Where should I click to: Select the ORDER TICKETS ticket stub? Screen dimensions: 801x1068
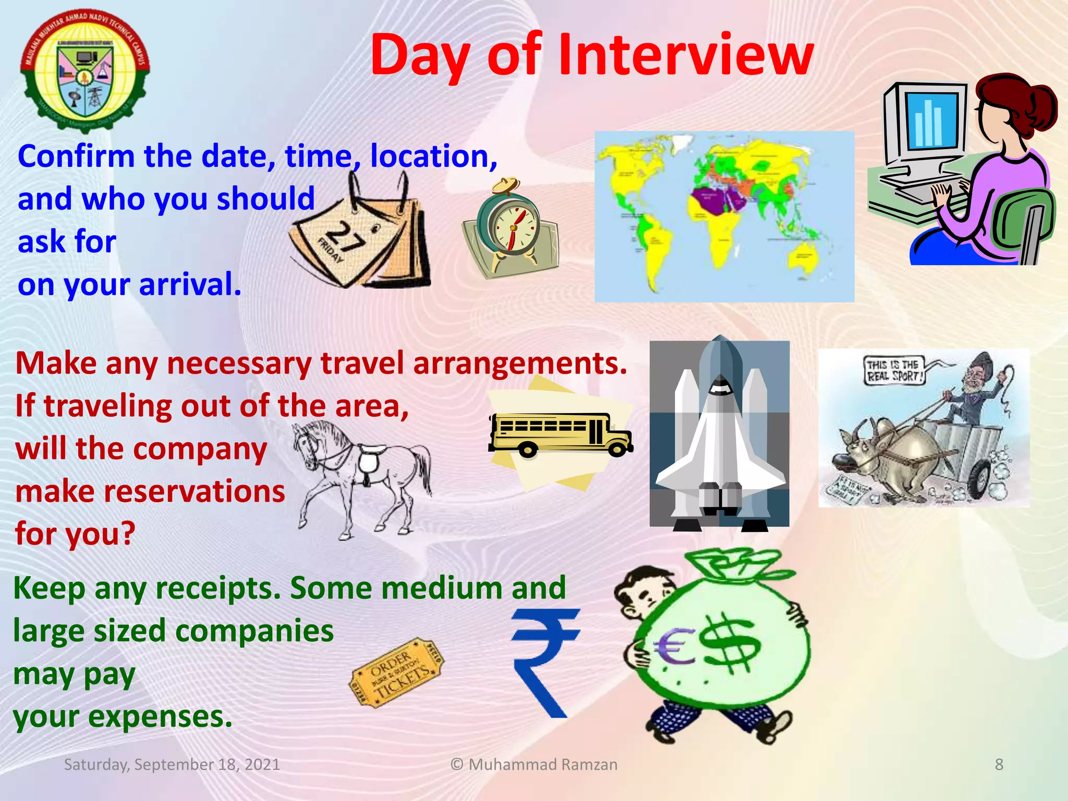[x=397, y=673]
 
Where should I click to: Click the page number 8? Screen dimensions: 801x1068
[x=999, y=764]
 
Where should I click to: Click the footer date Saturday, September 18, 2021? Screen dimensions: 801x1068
[x=172, y=764]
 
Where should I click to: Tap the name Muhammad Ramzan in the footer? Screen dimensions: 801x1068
[x=542, y=764]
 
